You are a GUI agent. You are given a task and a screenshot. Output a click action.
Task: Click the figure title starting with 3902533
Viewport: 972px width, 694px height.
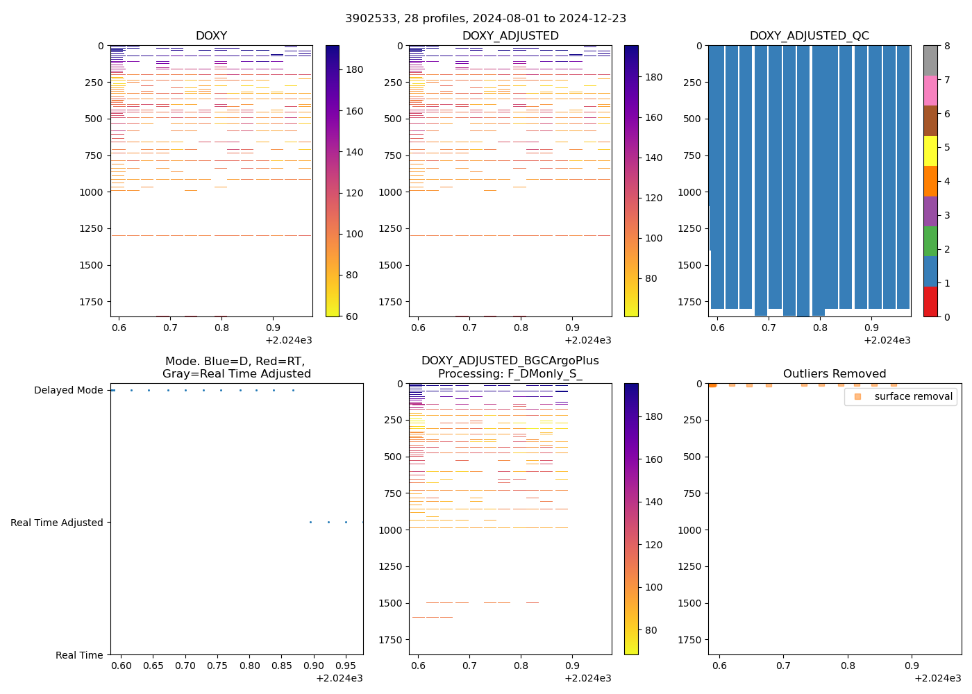pyautogui.click(x=485, y=18)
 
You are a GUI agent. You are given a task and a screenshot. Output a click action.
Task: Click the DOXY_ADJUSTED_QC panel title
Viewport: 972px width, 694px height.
pyautogui.click(x=809, y=35)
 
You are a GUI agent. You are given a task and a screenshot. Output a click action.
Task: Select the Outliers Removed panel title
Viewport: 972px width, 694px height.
pyautogui.click(x=834, y=373)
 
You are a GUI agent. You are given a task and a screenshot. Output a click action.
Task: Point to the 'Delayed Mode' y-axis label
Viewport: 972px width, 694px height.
pyautogui.click(x=68, y=390)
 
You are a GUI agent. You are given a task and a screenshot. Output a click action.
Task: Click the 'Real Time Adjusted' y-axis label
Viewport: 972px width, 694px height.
pyautogui.click(x=57, y=523)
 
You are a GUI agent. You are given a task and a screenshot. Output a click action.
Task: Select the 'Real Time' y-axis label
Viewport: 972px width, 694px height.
pyautogui.click(x=79, y=655)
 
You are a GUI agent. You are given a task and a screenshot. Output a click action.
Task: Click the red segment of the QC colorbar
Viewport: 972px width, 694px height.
pyautogui.click(x=930, y=302)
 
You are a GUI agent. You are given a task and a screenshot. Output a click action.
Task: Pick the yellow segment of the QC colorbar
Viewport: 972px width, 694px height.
pyautogui.click(x=930, y=151)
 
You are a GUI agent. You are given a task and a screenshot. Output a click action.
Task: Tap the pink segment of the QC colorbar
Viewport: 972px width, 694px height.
pyautogui.click(x=930, y=90)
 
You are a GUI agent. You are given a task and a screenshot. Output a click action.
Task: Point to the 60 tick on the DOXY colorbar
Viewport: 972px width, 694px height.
pyautogui.click(x=352, y=316)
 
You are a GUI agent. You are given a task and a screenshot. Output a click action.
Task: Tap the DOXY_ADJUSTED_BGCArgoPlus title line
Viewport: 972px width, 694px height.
pyautogui.click(x=510, y=361)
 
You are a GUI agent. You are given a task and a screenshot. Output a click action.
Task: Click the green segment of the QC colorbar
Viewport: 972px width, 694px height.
pyautogui.click(x=930, y=241)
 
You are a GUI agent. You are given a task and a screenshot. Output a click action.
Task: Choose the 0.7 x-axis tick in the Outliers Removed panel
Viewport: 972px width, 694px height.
pyautogui.click(x=783, y=666)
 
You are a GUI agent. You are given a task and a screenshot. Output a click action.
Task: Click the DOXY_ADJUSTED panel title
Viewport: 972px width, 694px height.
pyautogui.click(x=510, y=35)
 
